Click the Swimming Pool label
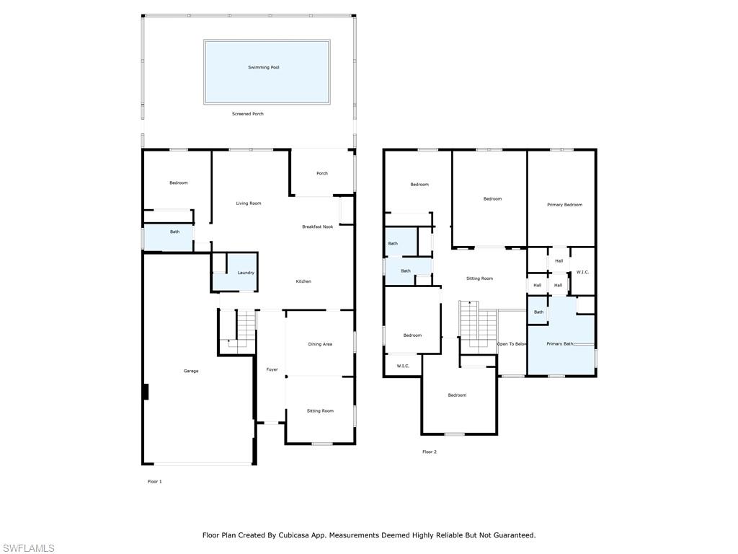264,67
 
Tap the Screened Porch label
248,114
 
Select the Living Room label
249,203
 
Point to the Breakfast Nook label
318,227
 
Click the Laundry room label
246,273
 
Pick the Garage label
190,371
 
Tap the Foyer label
272,370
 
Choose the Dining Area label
320,344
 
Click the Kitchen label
303,282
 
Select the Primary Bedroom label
565,205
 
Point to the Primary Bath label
560,344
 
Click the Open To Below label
512,344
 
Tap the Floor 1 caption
155,481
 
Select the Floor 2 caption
430,452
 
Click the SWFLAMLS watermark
27,548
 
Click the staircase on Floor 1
237,330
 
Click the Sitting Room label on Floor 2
479,278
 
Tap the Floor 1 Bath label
174,232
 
